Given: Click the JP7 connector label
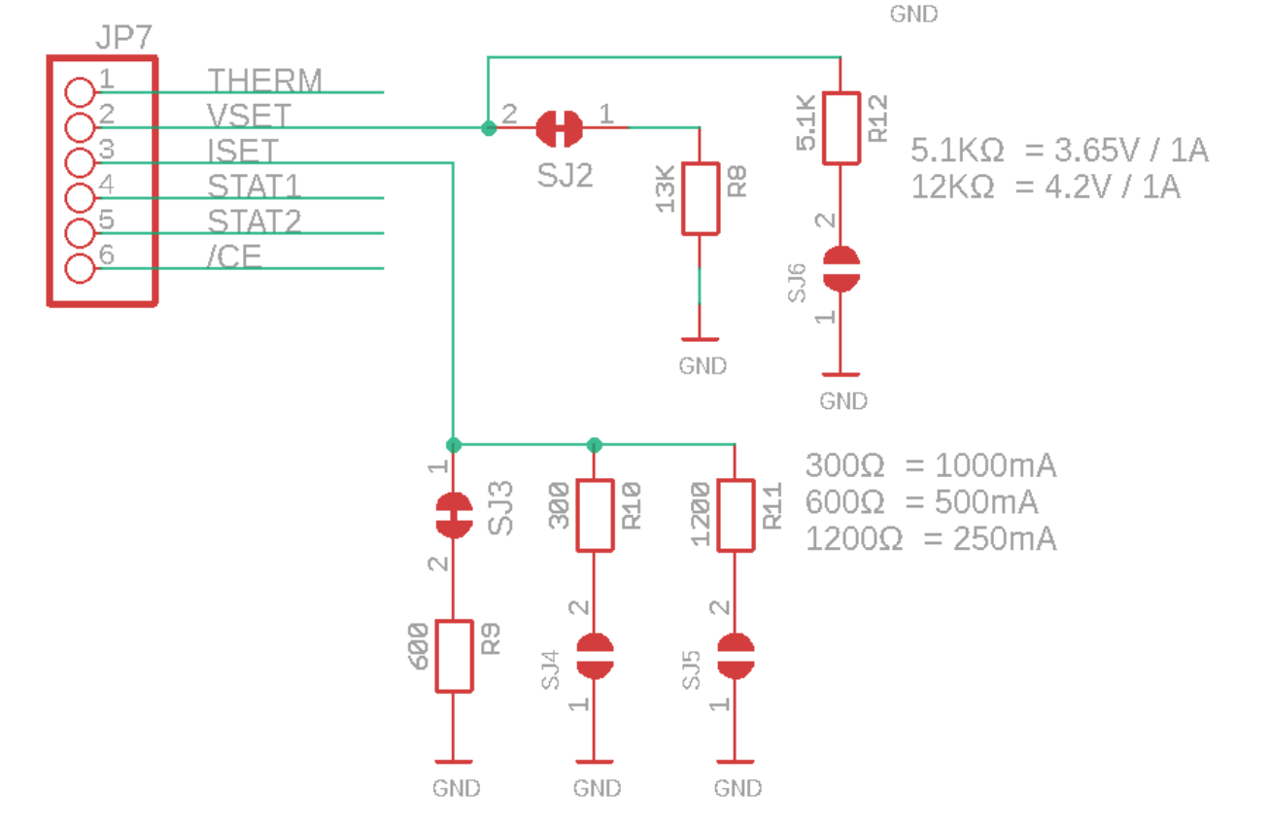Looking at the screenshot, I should tap(123, 38).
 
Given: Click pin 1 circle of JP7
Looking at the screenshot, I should tap(79, 92).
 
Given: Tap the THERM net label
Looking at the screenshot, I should tap(264, 81).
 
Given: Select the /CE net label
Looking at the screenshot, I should tap(234, 257).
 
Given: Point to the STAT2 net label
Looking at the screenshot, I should tap(254, 222).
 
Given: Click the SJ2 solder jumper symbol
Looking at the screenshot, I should tap(560, 127).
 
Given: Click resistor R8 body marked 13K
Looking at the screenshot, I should tap(701, 199).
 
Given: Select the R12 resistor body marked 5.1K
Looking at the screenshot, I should tap(841, 127).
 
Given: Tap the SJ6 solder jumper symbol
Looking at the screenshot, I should tap(841, 269).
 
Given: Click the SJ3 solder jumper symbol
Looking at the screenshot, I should tap(453, 516).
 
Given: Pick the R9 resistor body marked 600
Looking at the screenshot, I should tap(454, 656).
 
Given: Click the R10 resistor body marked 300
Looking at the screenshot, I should tap(595, 515).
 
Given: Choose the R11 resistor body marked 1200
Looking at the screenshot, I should tap(736, 515).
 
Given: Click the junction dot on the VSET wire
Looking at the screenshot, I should tap(489, 127).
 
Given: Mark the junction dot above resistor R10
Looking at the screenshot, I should tap(595, 445).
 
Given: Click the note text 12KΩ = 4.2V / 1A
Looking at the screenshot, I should tap(1046, 187).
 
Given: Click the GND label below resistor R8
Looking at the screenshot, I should tap(702, 366).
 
